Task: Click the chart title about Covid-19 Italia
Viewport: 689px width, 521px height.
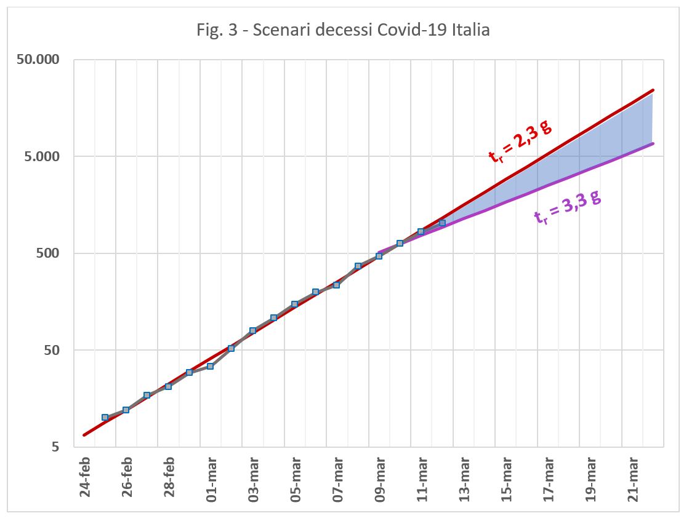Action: point(344,30)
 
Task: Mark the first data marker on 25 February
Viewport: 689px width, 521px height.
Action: point(105,417)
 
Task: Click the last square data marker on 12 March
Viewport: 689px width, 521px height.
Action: point(442,223)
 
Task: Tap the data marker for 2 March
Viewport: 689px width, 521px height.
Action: point(232,348)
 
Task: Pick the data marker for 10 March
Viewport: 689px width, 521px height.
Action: point(400,243)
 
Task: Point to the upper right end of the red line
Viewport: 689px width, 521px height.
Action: point(653,90)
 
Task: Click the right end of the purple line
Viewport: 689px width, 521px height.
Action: point(653,144)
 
